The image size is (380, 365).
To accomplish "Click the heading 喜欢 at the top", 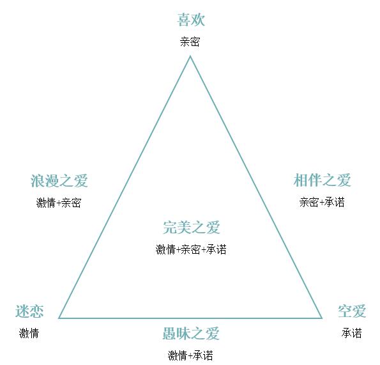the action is tap(191, 20).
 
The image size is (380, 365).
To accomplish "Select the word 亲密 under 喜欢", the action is tap(190, 42).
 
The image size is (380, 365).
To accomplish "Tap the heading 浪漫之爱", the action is tap(59, 181).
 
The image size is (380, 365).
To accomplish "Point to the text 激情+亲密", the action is tap(58, 203).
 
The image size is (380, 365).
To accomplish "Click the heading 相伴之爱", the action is tap(323, 180).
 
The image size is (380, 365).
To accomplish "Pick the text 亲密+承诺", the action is tap(322, 202).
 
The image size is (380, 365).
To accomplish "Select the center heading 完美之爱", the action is tap(191, 228).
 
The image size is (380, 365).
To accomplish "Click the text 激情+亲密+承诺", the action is tap(191, 249).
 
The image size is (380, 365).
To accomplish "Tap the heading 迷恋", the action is tap(29, 311).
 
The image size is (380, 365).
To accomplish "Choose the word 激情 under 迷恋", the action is tap(29, 333).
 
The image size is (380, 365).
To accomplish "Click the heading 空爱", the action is tap(352, 311).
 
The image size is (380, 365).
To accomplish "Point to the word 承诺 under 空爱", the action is tap(352, 333).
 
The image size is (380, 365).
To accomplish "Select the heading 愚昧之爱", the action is tap(191, 334).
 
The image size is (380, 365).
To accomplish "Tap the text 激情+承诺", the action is tap(190, 355).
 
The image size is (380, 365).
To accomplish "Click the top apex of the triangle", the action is tap(190, 56).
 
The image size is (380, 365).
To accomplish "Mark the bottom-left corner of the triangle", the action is tap(59, 318).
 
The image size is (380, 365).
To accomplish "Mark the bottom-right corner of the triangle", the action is tap(322, 318).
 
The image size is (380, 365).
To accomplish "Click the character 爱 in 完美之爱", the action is tap(213, 228).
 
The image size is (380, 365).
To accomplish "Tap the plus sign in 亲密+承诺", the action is tap(322, 203).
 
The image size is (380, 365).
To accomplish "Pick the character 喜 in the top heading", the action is tap(184, 20).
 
